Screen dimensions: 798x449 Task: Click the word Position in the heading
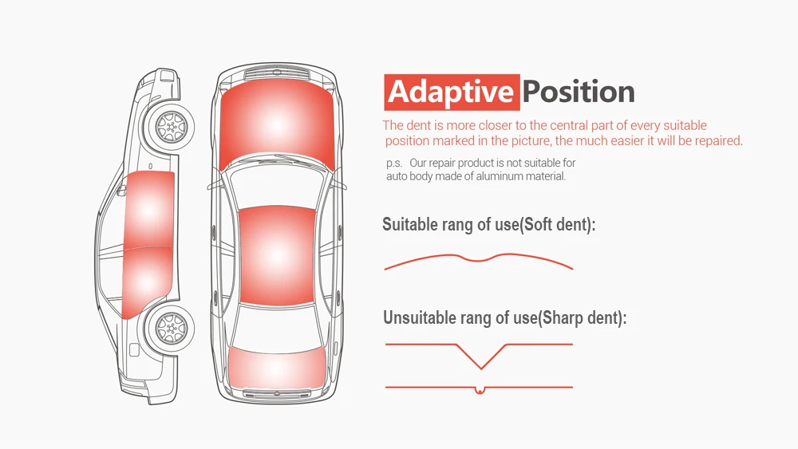coord(579,93)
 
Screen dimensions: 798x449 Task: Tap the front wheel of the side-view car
coord(170,126)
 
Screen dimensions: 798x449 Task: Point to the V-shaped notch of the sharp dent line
coord(480,366)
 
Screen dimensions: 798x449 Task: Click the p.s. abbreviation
coord(393,163)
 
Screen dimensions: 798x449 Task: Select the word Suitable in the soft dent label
coord(409,225)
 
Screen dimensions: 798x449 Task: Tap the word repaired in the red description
coord(716,141)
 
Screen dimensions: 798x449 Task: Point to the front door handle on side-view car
coord(151,166)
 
